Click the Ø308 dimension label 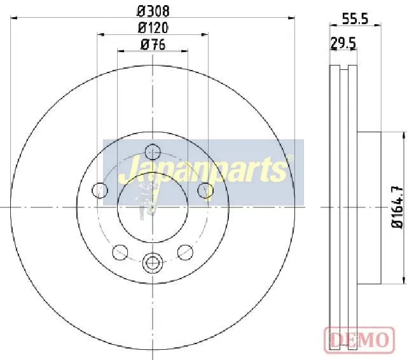pyautogui.click(x=153, y=11)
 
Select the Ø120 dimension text pyautogui.click(x=153, y=27)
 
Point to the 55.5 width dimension pyautogui.click(x=355, y=19)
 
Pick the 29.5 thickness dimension pyautogui.click(x=343, y=44)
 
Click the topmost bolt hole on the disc pyautogui.click(x=153, y=152)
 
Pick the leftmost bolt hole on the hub pyautogui.click(x=100, y=190)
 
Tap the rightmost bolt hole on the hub pyautogui.click(x=205, y=190)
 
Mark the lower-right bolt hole pyautogui.click(x=185, y=252)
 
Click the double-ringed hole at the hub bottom pyautogui.click(x=153, y=262)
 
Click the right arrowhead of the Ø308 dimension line pyautogui.click(x=293, y=18)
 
